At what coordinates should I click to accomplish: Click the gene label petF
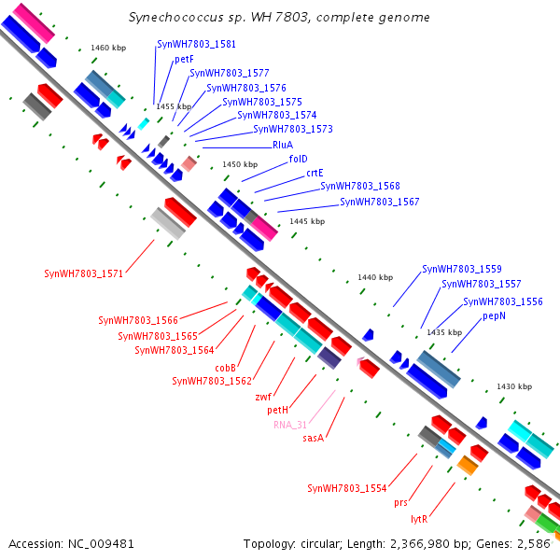pos(184,59)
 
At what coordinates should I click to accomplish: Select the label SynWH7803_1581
pos(197,44)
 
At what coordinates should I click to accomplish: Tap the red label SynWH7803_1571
pos(83,273)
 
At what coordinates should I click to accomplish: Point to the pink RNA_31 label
pos(290,424)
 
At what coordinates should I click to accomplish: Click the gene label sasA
pos(314,438)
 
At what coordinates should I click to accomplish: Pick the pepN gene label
pos(495,316)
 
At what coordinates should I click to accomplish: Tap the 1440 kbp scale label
pos(376,277)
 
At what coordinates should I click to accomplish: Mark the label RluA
pos(283,145)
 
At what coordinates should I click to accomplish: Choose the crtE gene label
pos(315,172)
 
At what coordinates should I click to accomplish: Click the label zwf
pos(263,396)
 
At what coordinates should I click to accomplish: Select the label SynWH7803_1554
pos(346,488)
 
